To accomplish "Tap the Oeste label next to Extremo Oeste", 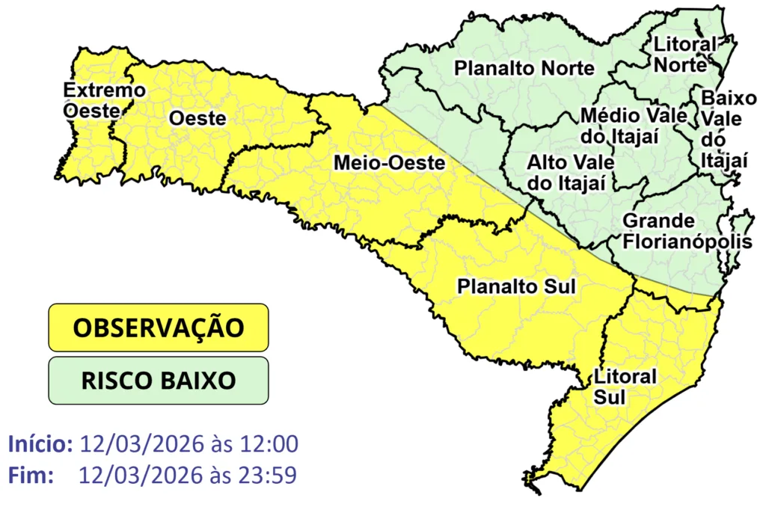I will (197, 118).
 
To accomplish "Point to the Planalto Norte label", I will (524, 69).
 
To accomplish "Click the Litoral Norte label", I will (684, 55).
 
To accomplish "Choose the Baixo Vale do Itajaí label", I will (723, 129).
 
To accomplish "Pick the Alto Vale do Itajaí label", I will (570, 172).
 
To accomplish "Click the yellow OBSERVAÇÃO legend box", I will (158, 328).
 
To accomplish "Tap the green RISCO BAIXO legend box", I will (158, 380).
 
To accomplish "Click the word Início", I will (40, 443).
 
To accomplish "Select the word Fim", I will (31, 474).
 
